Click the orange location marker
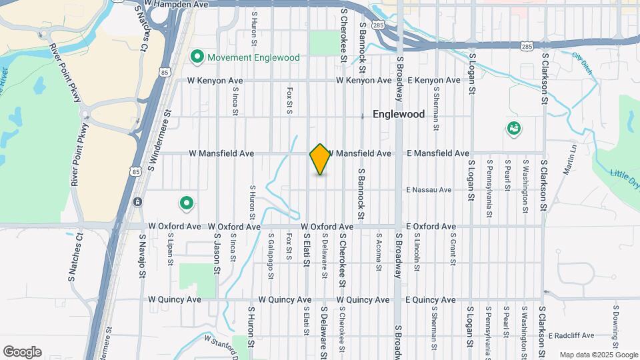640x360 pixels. tap(320, 159)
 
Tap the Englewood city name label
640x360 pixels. tap(398, 114)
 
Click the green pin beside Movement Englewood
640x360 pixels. tap(197, 57)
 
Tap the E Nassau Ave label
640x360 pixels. tap(429, 190)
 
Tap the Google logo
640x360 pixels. tap(22, 352)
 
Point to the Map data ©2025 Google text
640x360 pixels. tap(599, 355)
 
